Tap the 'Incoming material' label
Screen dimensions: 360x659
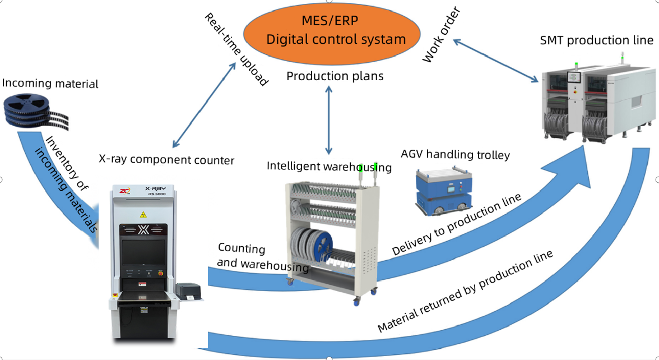click(x=50, y=84)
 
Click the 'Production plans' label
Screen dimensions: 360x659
click(x=335, y=76)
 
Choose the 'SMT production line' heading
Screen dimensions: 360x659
click(x=596, y=40)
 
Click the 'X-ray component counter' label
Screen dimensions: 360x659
click(x=166, y=160)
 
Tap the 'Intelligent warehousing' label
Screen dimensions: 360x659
click(x=329, y=166)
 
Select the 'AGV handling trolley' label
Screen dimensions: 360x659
click(x=455, y=154)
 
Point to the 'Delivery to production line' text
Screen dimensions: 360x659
click(x=457, y=224)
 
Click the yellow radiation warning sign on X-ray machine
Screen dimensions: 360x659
click(x=143, y=214)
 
